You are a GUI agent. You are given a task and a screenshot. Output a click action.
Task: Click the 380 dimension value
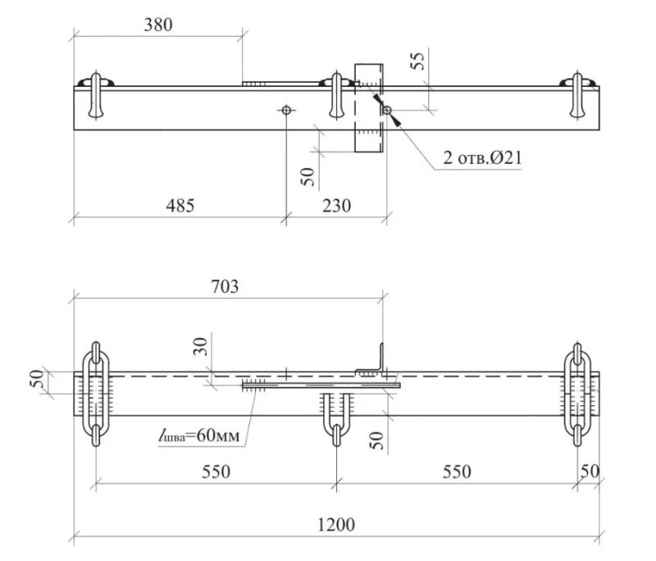tap(158, 25)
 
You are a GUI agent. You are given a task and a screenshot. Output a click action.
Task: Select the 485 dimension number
tap(180, 205)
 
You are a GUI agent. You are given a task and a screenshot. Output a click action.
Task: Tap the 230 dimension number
tap(337, 205)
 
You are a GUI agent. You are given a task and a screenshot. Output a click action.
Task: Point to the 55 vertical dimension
tap(417, 61)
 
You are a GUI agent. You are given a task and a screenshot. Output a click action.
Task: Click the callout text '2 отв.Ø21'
tap(483, 157)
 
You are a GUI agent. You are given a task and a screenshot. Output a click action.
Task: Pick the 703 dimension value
tap(225, 286)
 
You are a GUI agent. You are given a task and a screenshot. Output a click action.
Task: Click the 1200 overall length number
tap(336, 524)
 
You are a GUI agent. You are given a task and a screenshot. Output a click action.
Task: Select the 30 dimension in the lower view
tap(200, 346)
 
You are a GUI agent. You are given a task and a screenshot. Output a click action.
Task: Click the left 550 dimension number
tap(216, 472)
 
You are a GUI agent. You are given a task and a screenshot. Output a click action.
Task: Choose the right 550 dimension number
tap(457, 472)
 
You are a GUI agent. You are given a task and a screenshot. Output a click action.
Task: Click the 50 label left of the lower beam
tap(37, 379)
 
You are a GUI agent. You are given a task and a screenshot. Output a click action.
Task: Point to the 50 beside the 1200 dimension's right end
tap(590, 472)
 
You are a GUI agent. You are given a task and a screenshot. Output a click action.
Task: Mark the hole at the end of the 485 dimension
tap(286, 110)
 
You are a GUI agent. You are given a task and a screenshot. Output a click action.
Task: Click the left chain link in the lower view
tap(96, 394)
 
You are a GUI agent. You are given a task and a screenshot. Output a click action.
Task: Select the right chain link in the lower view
tap(577, 394)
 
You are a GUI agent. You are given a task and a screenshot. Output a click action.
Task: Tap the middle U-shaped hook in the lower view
tap(336, 418)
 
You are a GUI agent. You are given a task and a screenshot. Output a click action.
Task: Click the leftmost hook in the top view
tap(96, 95)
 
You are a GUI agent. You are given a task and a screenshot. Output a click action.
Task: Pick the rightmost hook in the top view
tap(577, 95)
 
